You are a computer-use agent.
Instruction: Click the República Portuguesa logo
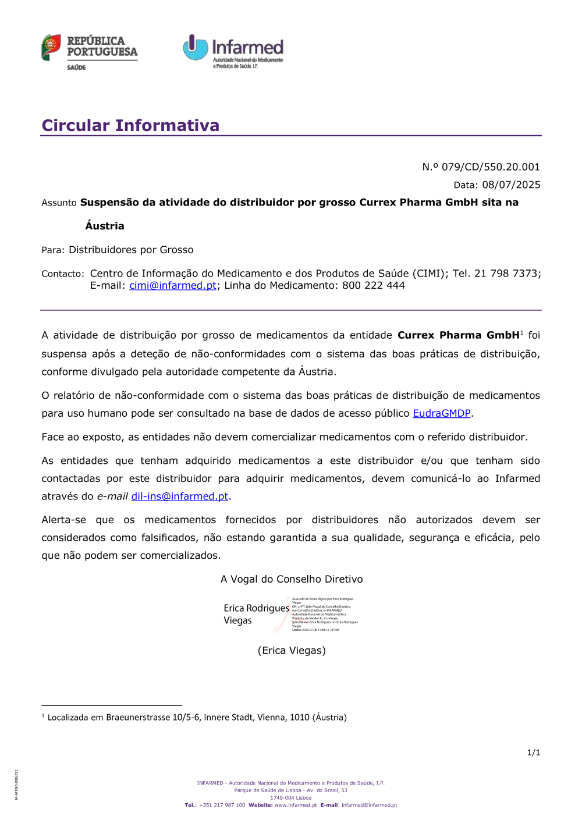(x=89, y=51)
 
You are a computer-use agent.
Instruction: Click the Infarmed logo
(x=233, y=51)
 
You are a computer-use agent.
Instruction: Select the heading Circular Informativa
(x=130, y=125)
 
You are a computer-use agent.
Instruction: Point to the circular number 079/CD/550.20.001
(x=491, y=167)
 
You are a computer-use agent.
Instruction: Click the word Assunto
(x=59, y=203)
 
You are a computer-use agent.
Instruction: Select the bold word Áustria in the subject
(x=105, y=226)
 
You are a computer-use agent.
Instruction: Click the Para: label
(x=53, y=250)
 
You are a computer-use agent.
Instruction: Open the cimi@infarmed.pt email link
(x=172, y=286)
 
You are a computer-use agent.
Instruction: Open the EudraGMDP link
(x=441, y=413)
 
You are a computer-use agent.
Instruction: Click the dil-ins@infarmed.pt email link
(x=179, y=496)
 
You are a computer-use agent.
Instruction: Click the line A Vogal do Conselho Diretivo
(x=292, y=579)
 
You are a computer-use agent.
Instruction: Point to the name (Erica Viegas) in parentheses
(x=292, y=651)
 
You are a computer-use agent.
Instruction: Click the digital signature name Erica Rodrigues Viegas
(x=256, y=614)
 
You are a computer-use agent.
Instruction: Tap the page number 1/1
(x=533, y=753)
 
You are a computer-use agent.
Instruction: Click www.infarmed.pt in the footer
(x=296, y=806)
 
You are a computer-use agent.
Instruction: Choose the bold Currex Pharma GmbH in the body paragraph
(x=458, y=335)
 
